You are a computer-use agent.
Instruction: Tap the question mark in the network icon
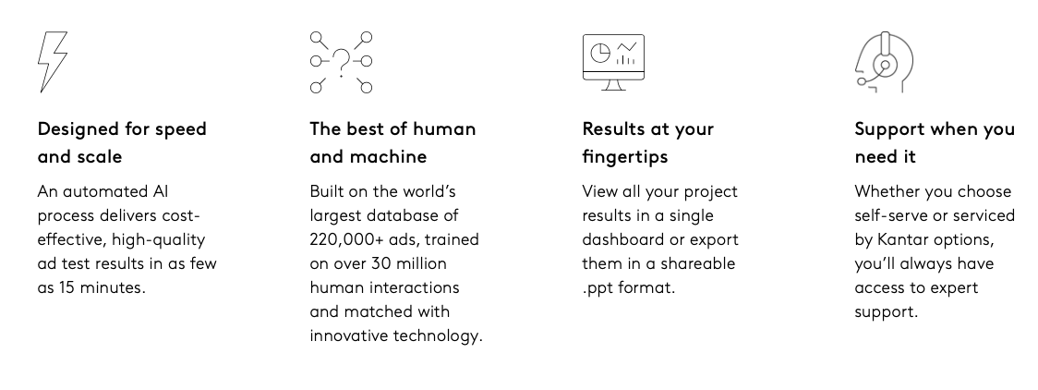(x=341, y=62)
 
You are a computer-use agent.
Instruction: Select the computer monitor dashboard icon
(x=614, y=62)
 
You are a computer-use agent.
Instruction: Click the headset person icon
(x=885, y=62)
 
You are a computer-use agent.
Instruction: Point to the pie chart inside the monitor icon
(x=599, y=53)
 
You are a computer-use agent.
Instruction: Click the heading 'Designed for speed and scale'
(x=122, y=142)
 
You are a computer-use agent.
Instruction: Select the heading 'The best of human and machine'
(x=392, y=142)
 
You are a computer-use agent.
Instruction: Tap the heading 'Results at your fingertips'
(x=648, y=142)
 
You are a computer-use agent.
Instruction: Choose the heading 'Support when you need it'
(x=935, y=142)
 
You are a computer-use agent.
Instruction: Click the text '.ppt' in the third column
(x=597, y=288)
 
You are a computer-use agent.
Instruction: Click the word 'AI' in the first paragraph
(x=160, y=191)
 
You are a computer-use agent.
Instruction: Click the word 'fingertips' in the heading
(x=625, y=157)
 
